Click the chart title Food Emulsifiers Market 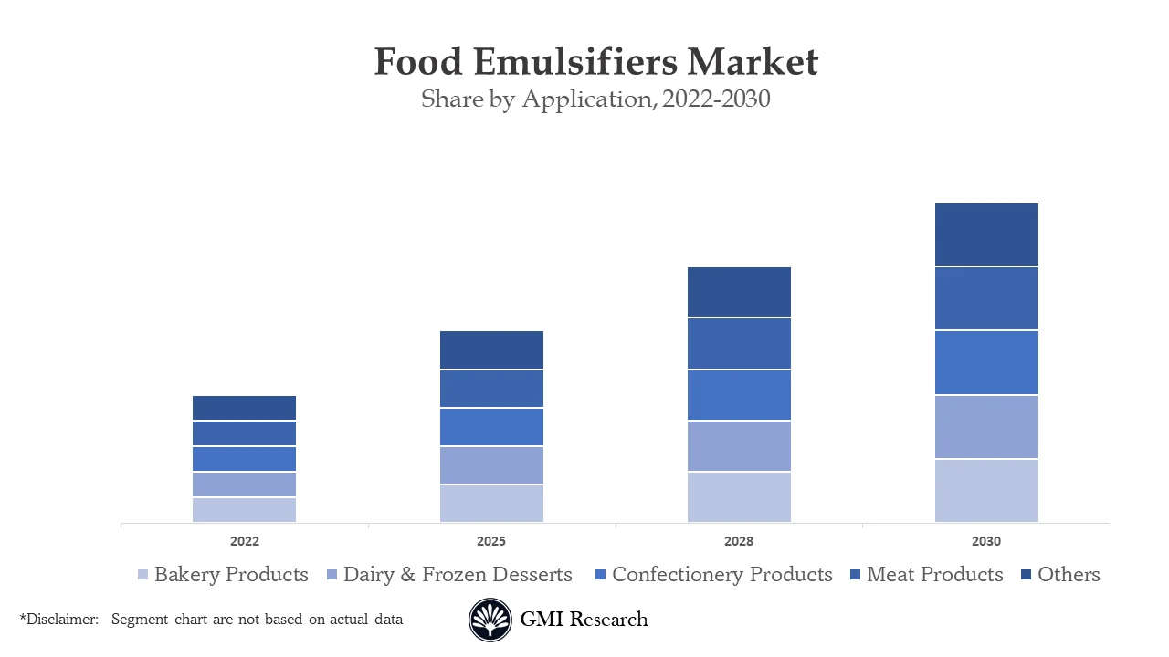coord(595,63)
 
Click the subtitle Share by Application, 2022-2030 coord(595,99)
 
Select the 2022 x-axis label coord(244,541)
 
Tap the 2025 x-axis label coord(491,541)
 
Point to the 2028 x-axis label coord(739,541)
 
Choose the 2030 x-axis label coord(986,541)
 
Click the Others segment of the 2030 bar coord(986,235)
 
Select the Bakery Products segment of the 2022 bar coord(244,510)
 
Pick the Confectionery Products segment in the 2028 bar coord(739,395)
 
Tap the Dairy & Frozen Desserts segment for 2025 coord(491,465)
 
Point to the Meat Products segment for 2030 coord(986,298)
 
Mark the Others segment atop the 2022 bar coord(244,408)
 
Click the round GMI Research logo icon coord(490,620)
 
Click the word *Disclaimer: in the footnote coord(58,620)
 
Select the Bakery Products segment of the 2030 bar coord(986,491)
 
